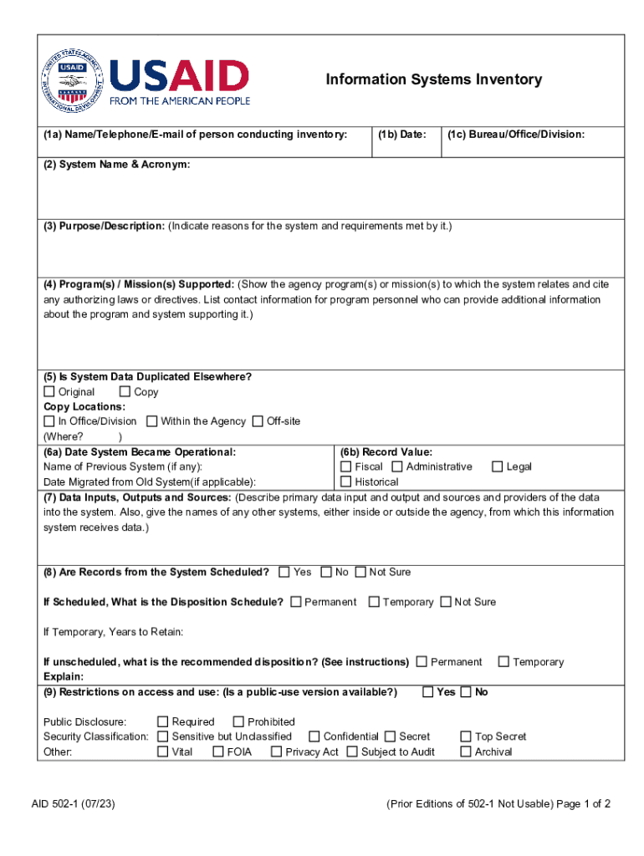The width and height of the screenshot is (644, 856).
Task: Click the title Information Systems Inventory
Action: [433, 80]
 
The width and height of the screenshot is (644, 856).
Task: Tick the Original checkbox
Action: [49, 392]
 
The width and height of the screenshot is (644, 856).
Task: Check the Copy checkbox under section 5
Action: [125, 392]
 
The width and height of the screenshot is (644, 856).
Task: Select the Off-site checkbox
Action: [258, 421]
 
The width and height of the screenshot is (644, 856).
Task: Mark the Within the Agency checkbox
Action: [151, 421]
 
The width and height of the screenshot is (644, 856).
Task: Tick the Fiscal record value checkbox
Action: [345, 466]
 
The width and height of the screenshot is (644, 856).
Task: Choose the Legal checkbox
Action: [497, 466]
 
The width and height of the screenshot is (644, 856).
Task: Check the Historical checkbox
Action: [345, 481]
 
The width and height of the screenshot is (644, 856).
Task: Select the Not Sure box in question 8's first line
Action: [360, 572]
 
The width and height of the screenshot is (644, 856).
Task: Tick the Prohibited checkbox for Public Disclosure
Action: [238, 721]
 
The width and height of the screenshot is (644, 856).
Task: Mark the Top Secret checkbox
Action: [466, 736]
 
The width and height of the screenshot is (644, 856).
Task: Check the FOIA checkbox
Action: [217, 752]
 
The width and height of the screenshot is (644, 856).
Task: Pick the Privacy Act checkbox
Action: [276, 752]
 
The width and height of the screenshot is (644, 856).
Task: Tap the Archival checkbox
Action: [466, 752]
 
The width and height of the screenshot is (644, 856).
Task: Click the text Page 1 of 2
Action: [583, 804]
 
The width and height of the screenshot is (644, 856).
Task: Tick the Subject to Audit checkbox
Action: [352, 752]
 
